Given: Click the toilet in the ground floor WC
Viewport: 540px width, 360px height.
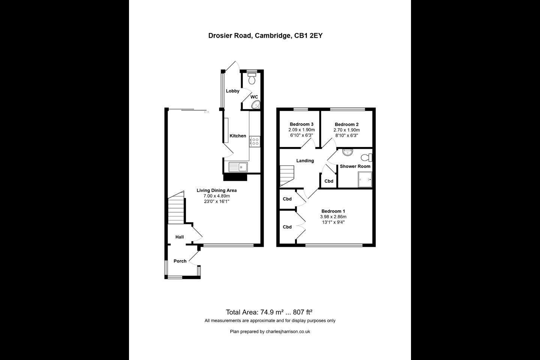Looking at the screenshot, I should click(252, 79).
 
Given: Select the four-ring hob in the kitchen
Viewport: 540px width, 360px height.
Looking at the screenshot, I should click(255, 141).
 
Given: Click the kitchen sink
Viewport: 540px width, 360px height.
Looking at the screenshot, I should click(237, 166).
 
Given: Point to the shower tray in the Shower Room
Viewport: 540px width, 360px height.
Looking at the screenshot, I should click(365, 179).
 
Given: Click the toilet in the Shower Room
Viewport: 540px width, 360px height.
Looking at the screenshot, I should click(366, 157).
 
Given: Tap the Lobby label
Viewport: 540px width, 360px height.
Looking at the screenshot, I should click(232, 91).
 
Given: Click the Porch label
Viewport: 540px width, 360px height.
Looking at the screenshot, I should click(180, 261).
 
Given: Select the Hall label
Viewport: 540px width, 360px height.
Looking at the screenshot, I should click(180, 237).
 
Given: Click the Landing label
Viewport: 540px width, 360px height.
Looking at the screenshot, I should click(305, 160).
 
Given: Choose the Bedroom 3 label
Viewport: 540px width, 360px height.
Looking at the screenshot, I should click(301, 124).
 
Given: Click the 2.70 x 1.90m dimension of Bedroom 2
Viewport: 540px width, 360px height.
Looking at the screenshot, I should click(346, 130).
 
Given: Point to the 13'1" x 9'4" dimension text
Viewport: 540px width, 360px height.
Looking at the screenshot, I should click(333, 222).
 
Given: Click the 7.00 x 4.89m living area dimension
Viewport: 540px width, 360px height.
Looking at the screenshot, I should click(216, 196).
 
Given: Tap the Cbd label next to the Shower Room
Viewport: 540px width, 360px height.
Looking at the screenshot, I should click(329, 181).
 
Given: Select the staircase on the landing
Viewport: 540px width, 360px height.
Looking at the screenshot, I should click(287, 176).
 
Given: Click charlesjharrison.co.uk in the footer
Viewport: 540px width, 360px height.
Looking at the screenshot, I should click(288, 331).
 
